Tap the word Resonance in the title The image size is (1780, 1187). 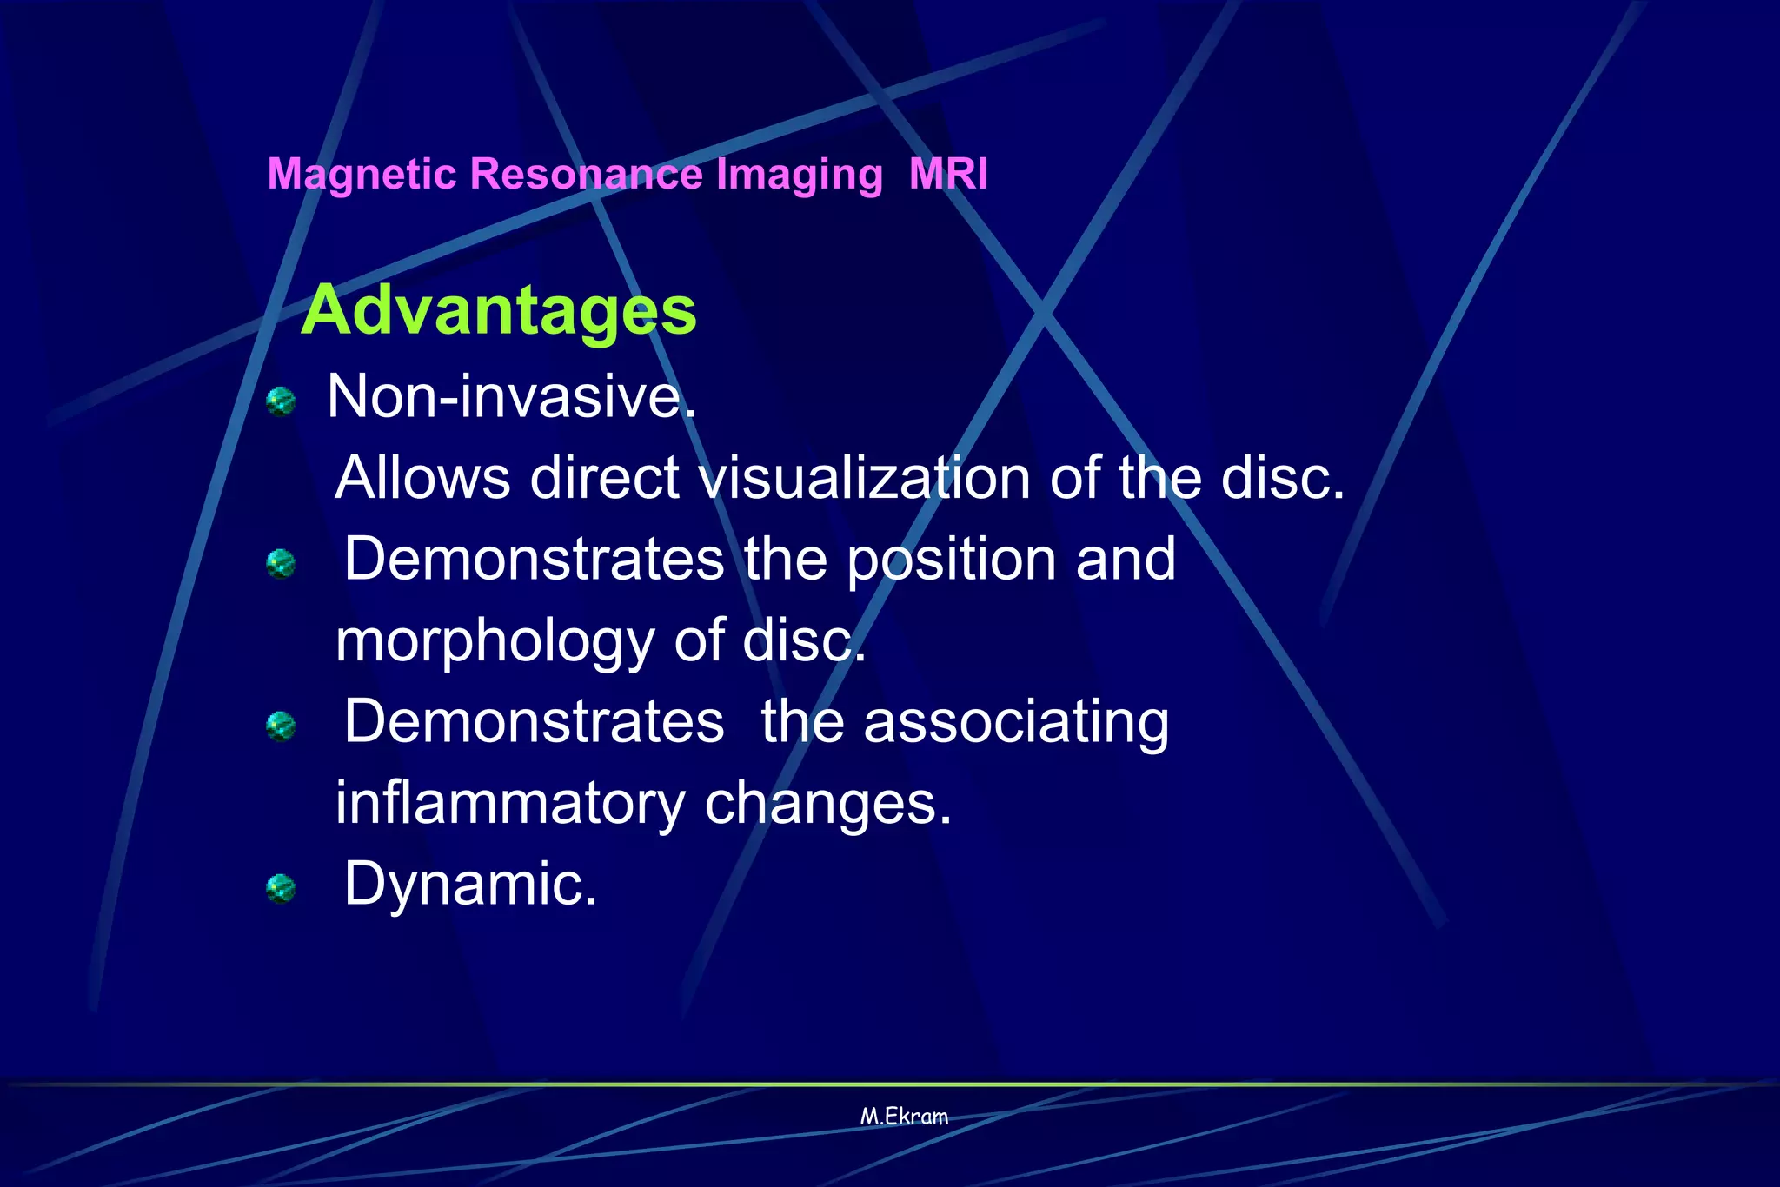click(586, 173)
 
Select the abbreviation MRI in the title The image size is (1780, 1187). click(948, 173)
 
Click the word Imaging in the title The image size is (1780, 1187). click(799, 175)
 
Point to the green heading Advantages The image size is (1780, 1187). click(498, 310)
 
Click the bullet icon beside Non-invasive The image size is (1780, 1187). click(281, 401)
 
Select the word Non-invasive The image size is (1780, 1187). click(511, 396)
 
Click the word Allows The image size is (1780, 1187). click(422, 478)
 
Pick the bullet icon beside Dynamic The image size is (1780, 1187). click(281, 889)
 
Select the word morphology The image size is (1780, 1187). click(495, 641)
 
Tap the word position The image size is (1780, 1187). click(951, 560)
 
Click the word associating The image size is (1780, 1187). click(1016, 722)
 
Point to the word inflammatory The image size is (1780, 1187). click(510, 803)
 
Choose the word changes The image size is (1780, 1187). click(827, 805)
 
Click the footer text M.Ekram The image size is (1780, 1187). click(904, 1117)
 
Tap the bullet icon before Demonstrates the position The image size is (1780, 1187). click(281, 564)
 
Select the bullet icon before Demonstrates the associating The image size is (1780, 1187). click(281, 726)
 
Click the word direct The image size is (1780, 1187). click(604, 478)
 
